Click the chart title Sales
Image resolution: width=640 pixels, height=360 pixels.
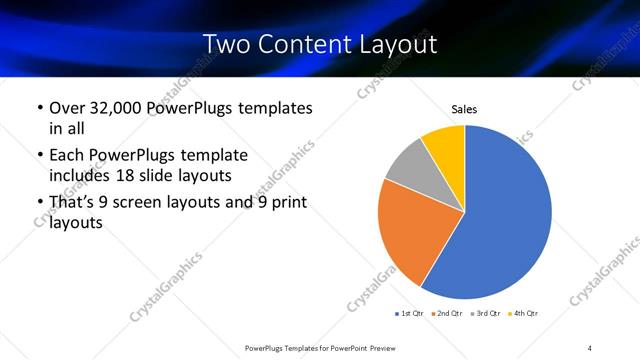tap(464, 108)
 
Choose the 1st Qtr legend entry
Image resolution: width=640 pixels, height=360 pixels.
tap(410, 313)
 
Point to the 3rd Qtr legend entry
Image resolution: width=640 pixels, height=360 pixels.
tap(487, 313)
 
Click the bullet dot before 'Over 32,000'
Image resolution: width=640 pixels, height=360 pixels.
tap(39, 108)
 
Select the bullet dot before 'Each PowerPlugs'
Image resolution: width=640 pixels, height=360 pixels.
tap(39, 156)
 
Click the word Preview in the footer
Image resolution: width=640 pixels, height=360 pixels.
tap(377, 347)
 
